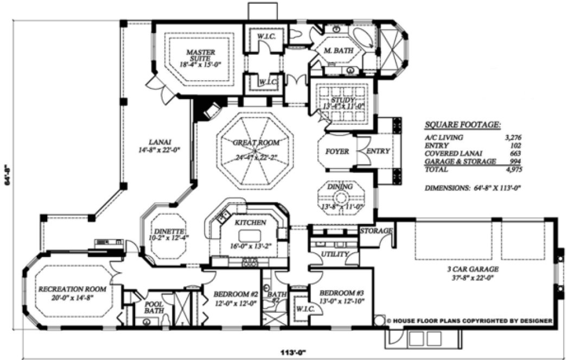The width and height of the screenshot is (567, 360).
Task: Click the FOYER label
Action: click(x=336, y=151)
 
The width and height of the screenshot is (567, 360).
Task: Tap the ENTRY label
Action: click(x=378, y=151)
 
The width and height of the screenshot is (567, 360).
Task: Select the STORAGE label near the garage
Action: click(x=376, y=231)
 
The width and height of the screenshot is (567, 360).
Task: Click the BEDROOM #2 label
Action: click(x=227, y=293)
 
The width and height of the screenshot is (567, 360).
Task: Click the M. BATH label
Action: click(x=339, y=50)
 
